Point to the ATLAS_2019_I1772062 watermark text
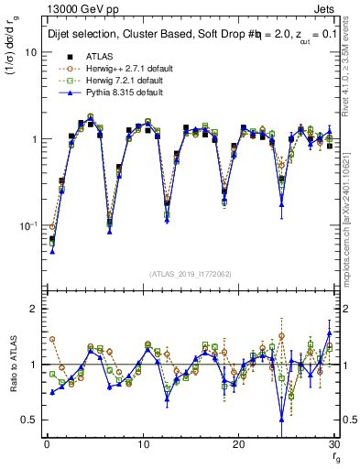pyautogui.click(x=190, y=273)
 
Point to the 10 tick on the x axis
pyautogui.click(x=142, y=444)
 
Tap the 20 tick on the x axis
pyautogui.click(x=238, y=444)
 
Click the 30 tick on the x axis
pyautogui.click(x=333, y=444)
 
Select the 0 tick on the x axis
pyautogui.click(x=46, y=444)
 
